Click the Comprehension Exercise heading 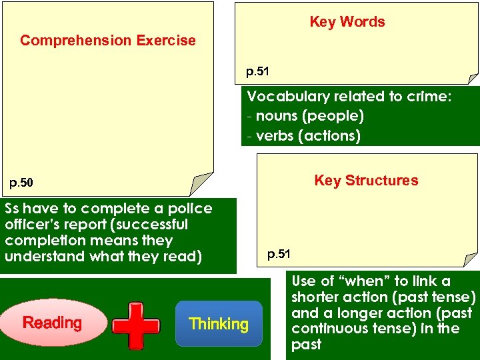pos(108,41)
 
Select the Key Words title pos(347,22)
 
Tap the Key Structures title pos(366,181)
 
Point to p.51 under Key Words pos(257,71)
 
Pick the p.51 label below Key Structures pos(279,253)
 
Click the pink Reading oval pos(52,323)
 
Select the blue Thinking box pos(218,325)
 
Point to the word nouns pos(277,116)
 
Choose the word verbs pos(275,136)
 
